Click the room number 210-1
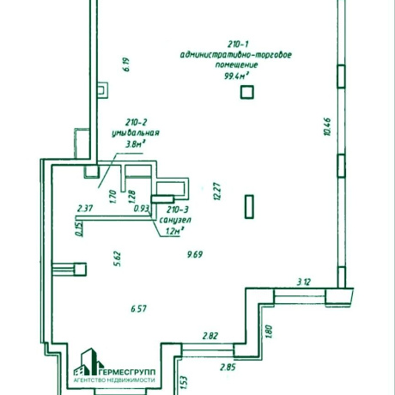click(x=238, y=45)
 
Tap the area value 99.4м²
click(x=236, y=76)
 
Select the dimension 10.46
click(x=327, y=126)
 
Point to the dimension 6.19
click(x=126, y=64)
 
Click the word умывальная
click(x=136, y=133)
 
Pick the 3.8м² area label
click(x=135, y=144)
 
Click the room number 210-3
click(x=178, y=210)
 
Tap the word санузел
click(x=175, y=220)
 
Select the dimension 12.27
click(x=217, y=191)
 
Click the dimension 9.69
click(x=195, y=254)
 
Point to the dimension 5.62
click(x=118, y=258)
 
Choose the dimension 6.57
click(x=139, y=308)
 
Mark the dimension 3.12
click(x=303, y=283)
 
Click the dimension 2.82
click(x=210, y=336)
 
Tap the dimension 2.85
click(x=228, y=367)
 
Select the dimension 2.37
click(x=85, y=208)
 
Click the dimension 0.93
click(x=142, y=209)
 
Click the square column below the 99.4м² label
click(x=247, y=92)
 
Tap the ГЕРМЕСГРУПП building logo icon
click(x=88, y=362)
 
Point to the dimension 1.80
click(x=269, y=331)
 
